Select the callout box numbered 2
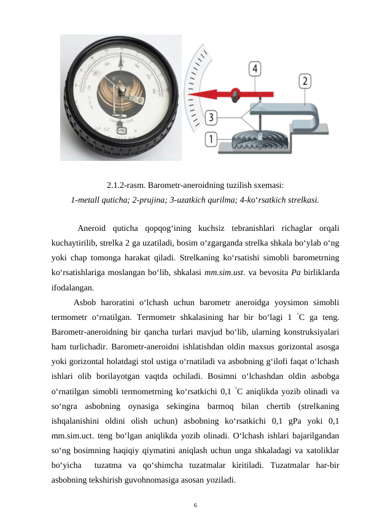[x=305, y=80]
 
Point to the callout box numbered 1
[x=211, y=139]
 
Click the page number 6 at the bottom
[x=195, y=505]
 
